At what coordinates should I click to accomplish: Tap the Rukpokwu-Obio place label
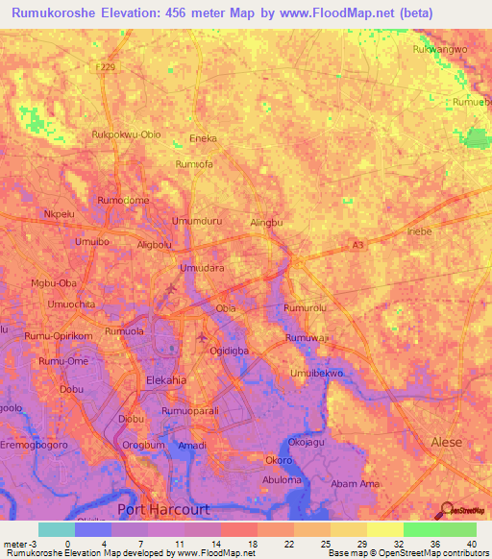[126, 134]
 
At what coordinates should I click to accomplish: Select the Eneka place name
[203, 138]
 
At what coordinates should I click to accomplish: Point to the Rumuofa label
[193, 164]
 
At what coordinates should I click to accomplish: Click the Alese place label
[446, 442]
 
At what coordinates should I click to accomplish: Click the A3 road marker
[357, 246]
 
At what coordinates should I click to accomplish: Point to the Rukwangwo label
[439, 49]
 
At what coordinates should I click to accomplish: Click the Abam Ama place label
[350, 484]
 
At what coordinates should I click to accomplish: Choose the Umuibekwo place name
[316, 373]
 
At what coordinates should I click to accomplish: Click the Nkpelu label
[60, 213]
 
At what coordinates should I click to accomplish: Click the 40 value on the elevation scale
[470, 544]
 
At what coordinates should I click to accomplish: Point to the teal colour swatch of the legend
[56, 529]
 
